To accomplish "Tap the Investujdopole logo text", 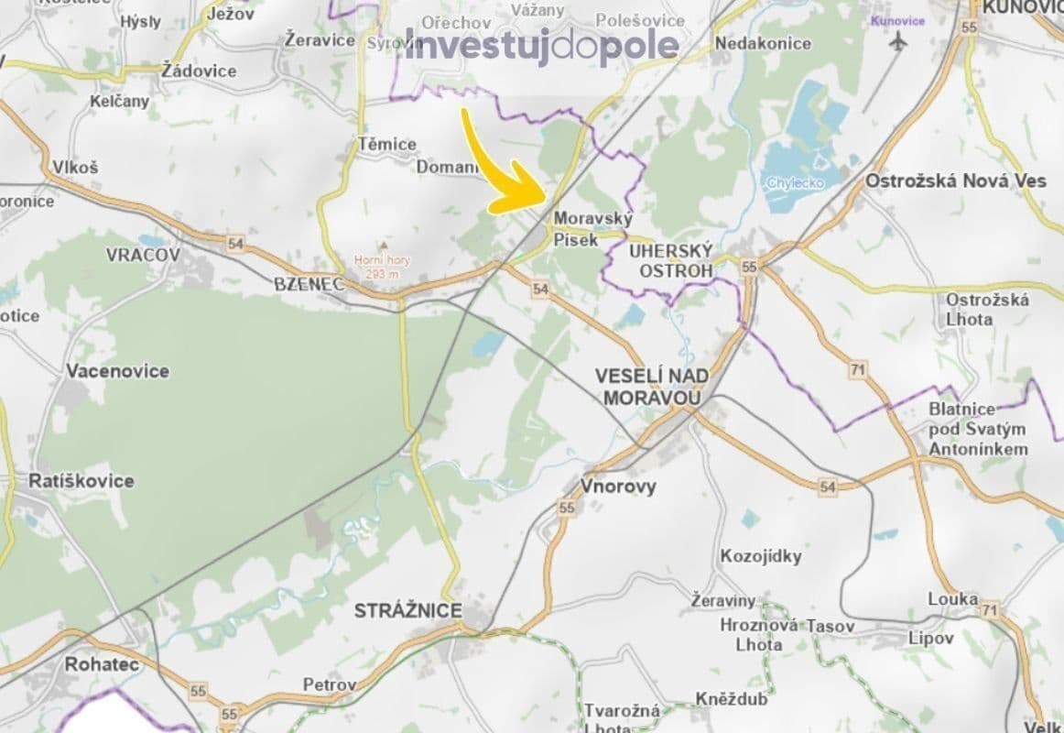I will coord(542,46).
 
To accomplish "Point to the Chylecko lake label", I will coord(795,182).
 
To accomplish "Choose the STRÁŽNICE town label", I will coord(408,610).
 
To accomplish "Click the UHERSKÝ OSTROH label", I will coord(671,260).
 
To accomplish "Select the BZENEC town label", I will coord(309,284).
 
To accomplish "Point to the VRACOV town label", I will coord(143,255).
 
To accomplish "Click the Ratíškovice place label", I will coord(81,481).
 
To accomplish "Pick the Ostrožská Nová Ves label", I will coord(955,181).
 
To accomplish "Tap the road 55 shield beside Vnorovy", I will coord(567,508).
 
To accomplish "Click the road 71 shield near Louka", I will coord(988,609).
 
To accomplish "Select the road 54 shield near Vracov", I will coord(236,244).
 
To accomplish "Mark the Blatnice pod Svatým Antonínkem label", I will coord(978,429).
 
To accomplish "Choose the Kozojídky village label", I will coord(761,556).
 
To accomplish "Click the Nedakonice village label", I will coord(763,43).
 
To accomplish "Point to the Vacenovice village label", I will coord(117,371).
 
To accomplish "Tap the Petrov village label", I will coord(330,684).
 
